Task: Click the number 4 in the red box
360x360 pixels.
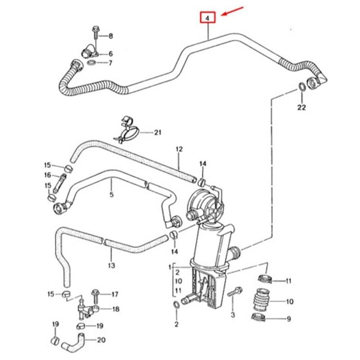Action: tap(207, 18)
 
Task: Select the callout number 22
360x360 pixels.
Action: tap(301, 107)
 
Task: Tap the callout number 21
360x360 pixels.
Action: tap(157, 132)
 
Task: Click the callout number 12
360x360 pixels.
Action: tap(179, 149)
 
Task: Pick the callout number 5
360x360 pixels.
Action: tap(111, 195)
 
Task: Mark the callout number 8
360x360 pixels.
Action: tap(111, 35)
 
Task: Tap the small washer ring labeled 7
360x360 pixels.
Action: tap(91, 61)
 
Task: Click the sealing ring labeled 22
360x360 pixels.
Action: tap(301, 86)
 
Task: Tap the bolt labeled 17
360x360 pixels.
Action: tap(96, 295)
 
